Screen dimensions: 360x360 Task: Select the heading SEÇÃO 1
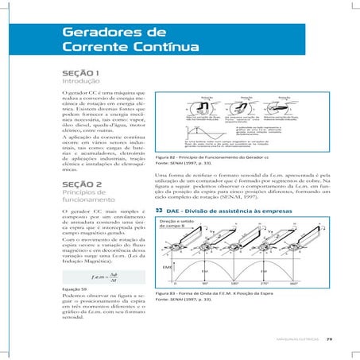(79, 72)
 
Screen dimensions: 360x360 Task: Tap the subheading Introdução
(79, 82)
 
